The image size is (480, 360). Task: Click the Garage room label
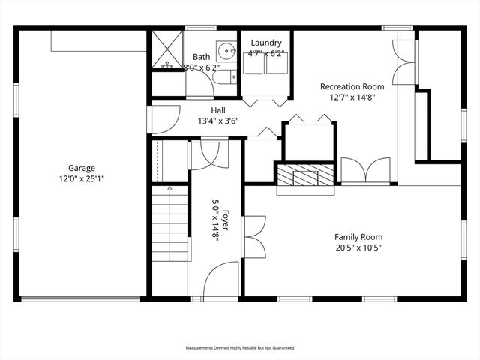click(82, 168)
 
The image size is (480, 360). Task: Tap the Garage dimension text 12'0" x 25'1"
click(82, 178)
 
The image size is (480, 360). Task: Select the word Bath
click(202, 56)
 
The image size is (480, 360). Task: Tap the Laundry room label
click(266, 43)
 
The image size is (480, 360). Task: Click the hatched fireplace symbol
click(305, 177)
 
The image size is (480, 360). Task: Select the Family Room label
click(358, 237)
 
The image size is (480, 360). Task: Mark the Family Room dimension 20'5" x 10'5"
click(358, 247)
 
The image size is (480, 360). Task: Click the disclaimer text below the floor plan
click(240, 348)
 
